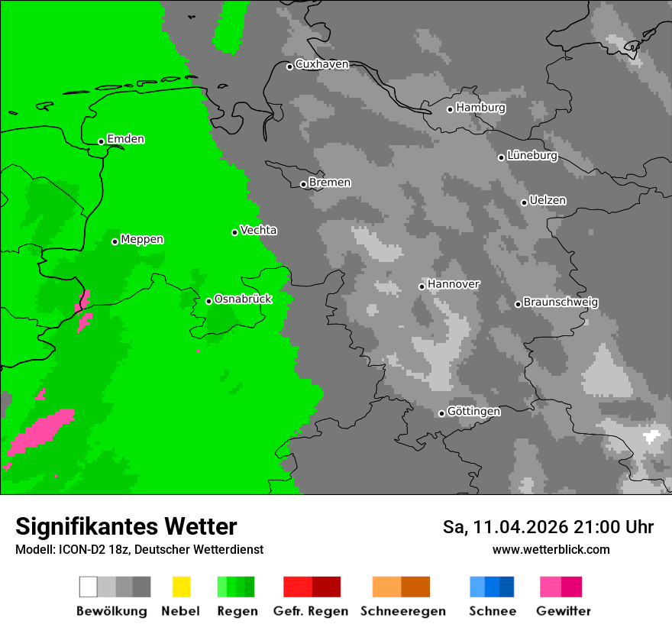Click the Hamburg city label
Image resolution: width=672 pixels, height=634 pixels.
pyautogui.click(x=480, y=108)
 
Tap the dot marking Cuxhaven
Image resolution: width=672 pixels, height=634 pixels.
pyautogui.click(x=289, y=66)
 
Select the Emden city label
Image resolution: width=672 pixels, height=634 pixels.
pyautogui.click(x=125, y=139)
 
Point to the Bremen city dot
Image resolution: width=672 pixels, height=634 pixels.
pyautogui.click(x=303, y=184)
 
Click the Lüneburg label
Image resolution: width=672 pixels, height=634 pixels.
pyautogui.click(x=531, y=156)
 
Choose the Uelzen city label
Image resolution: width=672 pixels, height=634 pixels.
pyautogui.click(x=548, y=200)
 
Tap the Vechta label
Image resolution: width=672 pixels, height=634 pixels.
pyautogui.click(x=258, y=230)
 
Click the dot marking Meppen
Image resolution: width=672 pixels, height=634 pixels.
pyautogui.click(x=115, y=241)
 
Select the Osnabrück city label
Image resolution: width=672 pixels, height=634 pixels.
pyautogui.click(x=243, y=299)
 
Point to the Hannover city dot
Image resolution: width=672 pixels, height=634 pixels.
pyautogui.click(x=422, y=286)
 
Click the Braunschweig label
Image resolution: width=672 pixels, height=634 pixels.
pyautogui.click(x=561, y=302)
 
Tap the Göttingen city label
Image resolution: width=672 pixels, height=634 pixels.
pyautogui.click(x=473, y=412)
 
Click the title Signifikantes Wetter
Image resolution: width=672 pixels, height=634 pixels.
pyautogui.click(x=126, y=526)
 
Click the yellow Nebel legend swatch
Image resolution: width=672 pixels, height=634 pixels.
pyautogui.click(x=181, y=587)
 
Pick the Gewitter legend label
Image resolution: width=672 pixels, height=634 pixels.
pyautogui.click(x=563, y=611)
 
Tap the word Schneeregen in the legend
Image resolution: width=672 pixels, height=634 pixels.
pyautogui.click(x=402, y=611)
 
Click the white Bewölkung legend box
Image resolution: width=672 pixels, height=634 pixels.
pyautogui.click(x=89, y=587)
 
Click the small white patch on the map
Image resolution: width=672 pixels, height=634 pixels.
pyautogui.click(x=651, y=437)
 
